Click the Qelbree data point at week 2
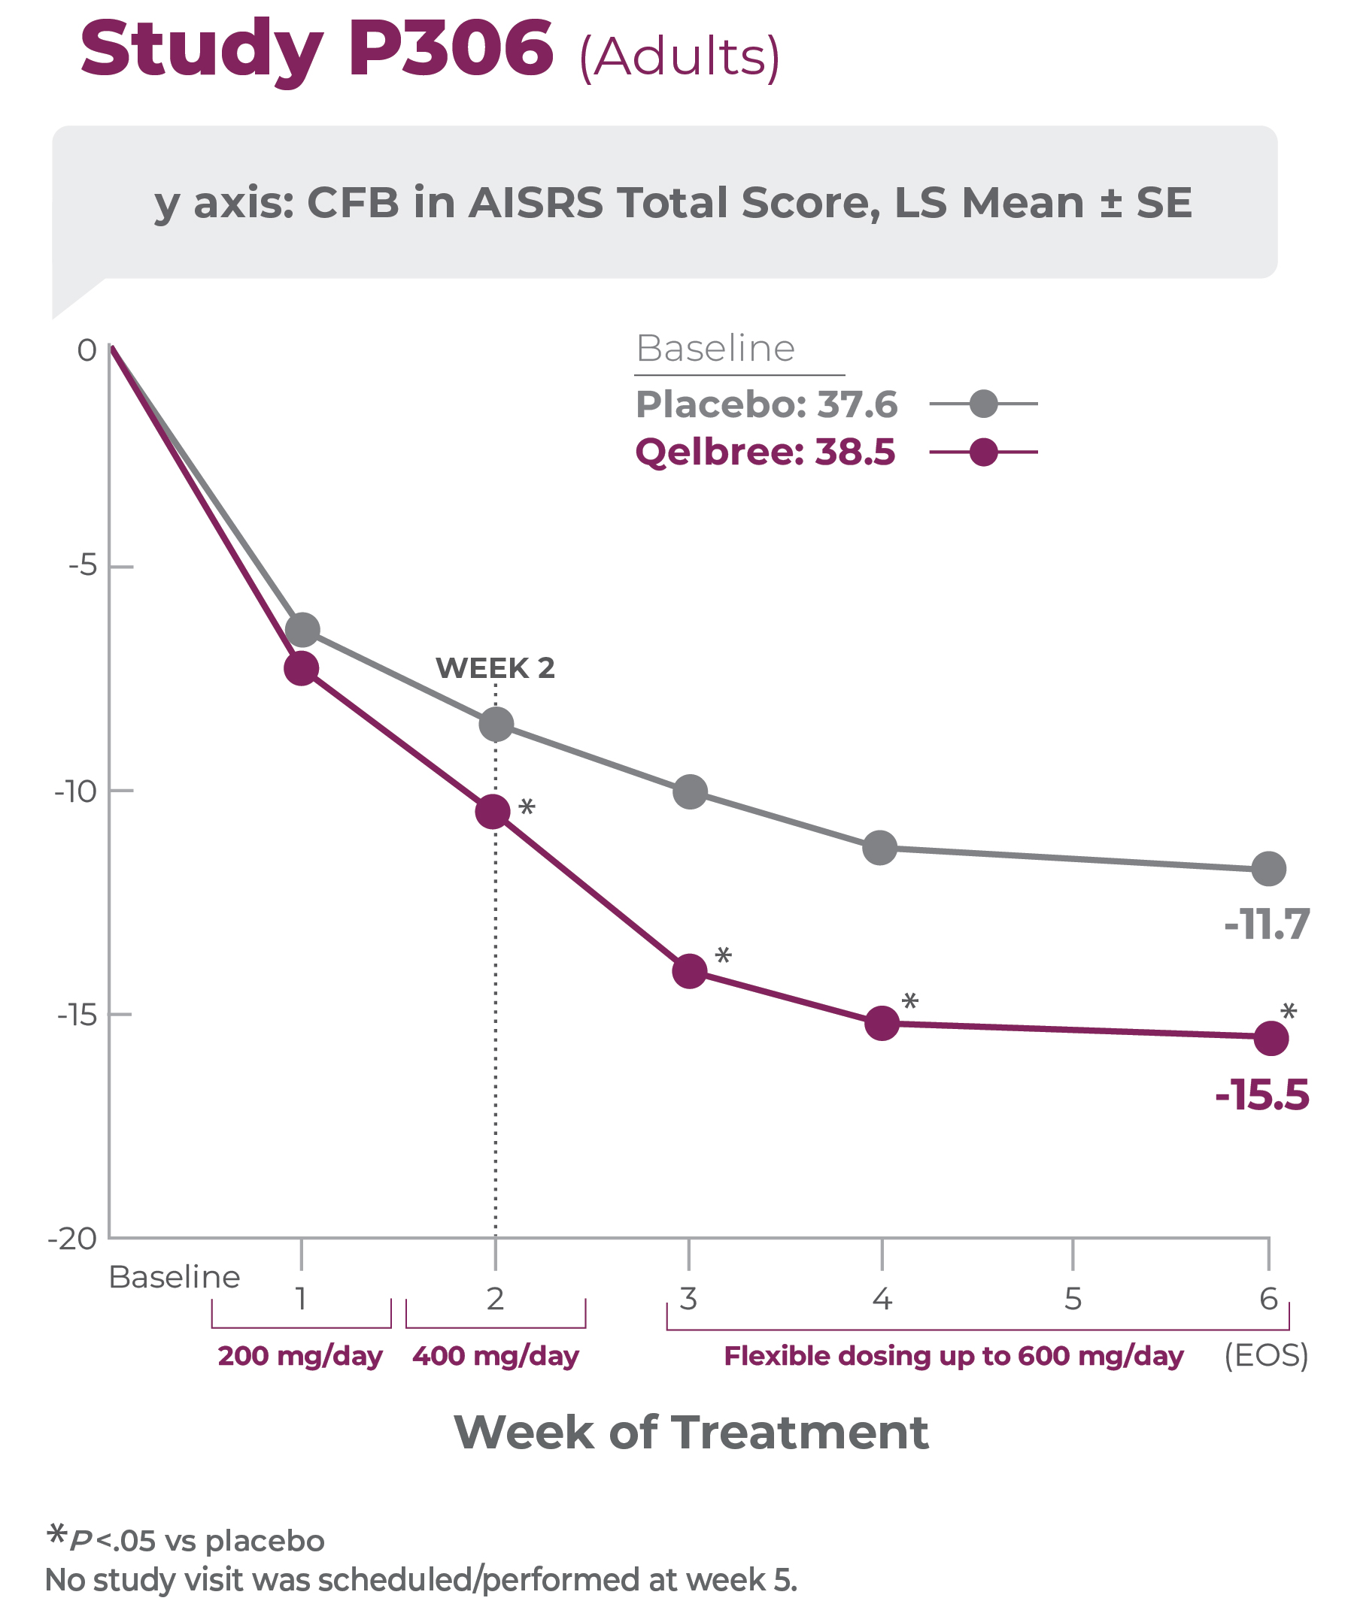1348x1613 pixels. (493, 811)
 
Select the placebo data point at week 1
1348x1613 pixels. (302, 630)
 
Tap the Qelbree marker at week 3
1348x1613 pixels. (689, 971)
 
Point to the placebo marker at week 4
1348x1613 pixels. (880, 848)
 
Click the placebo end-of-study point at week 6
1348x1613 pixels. (1269, 869)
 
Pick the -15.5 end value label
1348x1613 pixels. (1262, 1094)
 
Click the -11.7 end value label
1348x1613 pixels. (1267, 924)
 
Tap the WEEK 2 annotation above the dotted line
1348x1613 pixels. (495, 668)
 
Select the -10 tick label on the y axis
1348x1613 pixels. (75, 791)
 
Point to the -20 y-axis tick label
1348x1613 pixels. (72, 1238)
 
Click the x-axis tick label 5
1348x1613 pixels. (1073, 1299)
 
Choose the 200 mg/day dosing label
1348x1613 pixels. (300, 1356)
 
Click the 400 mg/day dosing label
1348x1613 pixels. (496, 1356)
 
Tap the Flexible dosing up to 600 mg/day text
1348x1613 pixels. (954, 1356)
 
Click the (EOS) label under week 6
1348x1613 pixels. (1266, 1356)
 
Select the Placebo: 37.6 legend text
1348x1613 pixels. (767, 404)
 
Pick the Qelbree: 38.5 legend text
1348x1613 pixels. (766, 452)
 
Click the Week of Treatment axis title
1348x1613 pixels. (691, 1433)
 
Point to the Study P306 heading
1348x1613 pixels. (317, 49)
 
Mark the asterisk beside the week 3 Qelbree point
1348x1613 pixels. (723, 956)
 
